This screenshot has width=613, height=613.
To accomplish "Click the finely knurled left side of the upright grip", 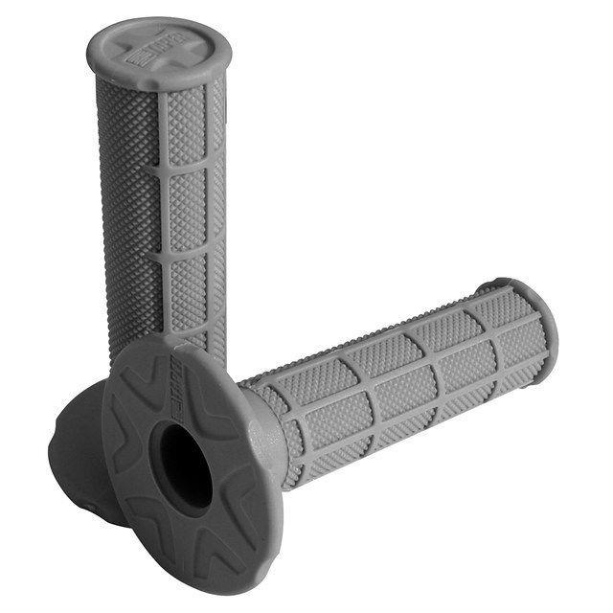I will (125, 192).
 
